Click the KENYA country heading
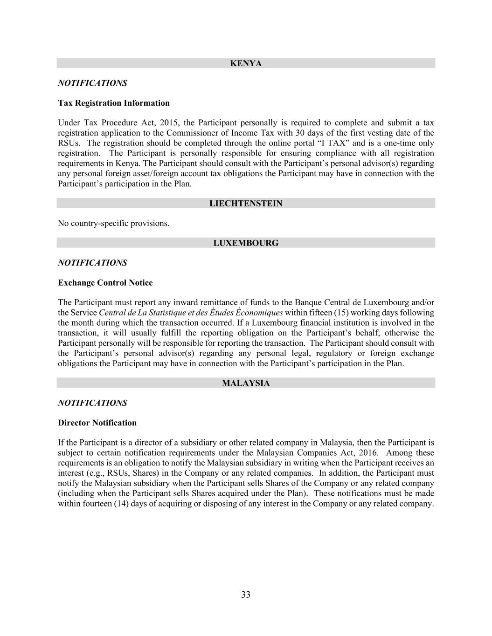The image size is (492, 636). [x=246, y=63]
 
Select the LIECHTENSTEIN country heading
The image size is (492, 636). [x=246, y=204]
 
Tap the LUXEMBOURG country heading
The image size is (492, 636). [x=246, y=243]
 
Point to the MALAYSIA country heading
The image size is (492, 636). [x=246, y=383]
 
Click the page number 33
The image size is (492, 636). [x=246, y=595]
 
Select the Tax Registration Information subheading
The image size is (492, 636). [x=114, y=103]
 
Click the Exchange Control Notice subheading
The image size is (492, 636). [x=105, y=283]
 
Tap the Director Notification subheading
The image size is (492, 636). [x=97, y=423]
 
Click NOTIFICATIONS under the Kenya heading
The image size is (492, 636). [x=92, y=83]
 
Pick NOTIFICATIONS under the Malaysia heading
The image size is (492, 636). [x=92, y=403]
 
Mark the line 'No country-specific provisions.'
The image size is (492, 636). [x=114, y=224]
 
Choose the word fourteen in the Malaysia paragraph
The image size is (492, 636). [x=96, y=504]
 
